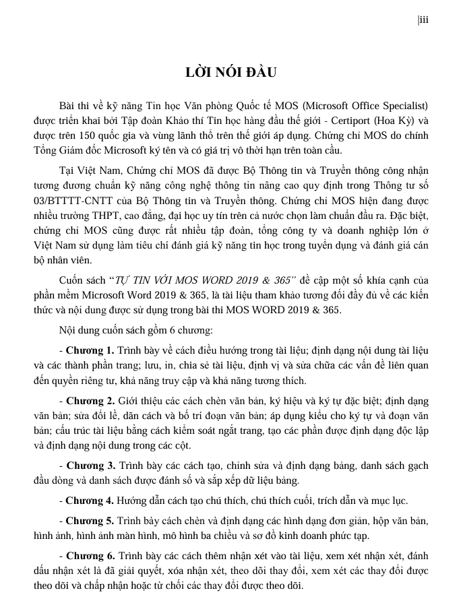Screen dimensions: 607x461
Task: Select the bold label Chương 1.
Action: pyautogui.click(x=90, y=351)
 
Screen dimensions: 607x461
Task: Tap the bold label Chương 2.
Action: pyautogui.click(x=90, y=400)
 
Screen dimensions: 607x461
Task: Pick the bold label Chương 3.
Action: pyautogui.click(x=90, y=466)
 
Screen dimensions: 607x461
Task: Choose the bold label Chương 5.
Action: pyautogui.click(x=90, y=521)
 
